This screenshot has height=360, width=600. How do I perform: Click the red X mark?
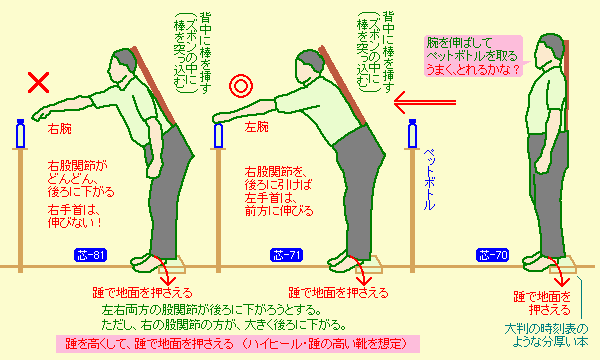point(38,83)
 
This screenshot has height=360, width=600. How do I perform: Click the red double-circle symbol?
point(241,86)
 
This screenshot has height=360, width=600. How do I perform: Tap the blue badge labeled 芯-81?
point(90,255)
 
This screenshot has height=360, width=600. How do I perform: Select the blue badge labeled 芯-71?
point(287,255)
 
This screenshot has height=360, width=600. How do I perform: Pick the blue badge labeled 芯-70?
point(492,255)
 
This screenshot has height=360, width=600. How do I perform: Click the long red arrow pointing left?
point(425,103)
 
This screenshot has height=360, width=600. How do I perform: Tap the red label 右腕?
point(60,129)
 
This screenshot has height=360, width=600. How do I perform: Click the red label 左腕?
point(256,127)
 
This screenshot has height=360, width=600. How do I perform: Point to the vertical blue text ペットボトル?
point(429,179)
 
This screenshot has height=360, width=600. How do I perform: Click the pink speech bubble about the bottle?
point(473,56)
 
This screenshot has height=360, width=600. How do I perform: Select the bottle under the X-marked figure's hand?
point(20,134)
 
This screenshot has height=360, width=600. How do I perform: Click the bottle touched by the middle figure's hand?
point(218,135)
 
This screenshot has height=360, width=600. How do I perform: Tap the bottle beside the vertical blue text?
point(412,134)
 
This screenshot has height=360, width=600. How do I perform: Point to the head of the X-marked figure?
point(123,66)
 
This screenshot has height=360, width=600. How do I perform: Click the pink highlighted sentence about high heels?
point(238,344)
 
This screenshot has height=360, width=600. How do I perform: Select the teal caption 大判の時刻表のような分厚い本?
point(547,334)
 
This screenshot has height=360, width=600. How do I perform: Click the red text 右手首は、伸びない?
point(75,216)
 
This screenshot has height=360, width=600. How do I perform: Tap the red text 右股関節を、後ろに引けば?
point(279,178)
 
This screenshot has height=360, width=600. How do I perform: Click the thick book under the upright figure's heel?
point(563,266)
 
